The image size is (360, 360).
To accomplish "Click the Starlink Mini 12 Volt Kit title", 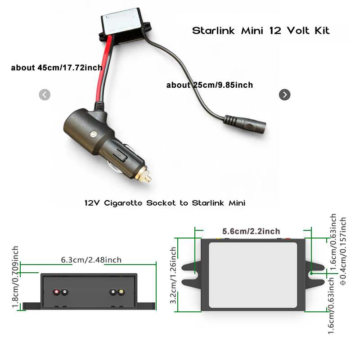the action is tap(261, 31).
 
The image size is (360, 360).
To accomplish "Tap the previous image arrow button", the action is tap(45, 94).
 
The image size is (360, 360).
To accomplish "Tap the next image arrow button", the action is tap(284, 94).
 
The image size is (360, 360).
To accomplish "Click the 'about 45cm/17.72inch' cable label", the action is tap(57, 68).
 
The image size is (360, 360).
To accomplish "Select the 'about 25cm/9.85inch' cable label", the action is tap(210, 85).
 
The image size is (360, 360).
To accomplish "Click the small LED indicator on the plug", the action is tap(93, 134).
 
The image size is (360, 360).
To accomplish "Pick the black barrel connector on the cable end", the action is tap(245, 124).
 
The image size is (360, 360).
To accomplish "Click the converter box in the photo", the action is tap(125, 26).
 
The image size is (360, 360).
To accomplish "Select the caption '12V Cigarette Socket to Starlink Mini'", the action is tap(165, 203).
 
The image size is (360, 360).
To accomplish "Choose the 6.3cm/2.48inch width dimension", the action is tap(91, 260).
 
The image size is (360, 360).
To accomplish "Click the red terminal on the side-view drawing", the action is tap(56, 292).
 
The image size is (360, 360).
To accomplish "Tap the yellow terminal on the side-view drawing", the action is tap(121, 292).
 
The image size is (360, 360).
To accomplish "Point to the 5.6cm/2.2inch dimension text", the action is tap(251, 231).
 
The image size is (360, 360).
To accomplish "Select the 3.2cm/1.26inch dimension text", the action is tap(173, 275).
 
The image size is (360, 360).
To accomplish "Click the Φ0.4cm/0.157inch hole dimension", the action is tap(343, 251).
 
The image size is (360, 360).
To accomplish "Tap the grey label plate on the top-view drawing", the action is tap(253, 275).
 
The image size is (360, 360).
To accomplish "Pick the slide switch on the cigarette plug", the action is tap(120, 155).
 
